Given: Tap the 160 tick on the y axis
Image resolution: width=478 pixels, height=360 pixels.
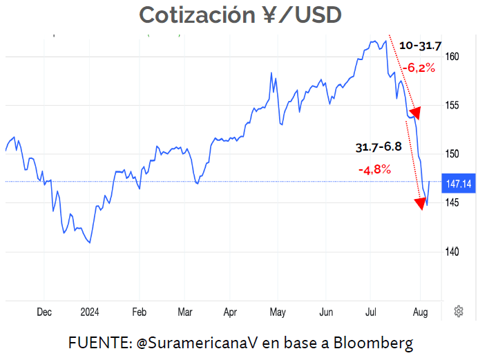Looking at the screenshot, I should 452,57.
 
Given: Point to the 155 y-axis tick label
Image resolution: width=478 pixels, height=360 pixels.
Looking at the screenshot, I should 452,106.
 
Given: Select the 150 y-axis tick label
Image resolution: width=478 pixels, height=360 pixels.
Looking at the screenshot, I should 452,153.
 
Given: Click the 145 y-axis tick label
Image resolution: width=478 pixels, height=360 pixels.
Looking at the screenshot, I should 452,202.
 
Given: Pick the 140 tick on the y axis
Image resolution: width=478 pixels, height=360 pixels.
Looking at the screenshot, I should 452,252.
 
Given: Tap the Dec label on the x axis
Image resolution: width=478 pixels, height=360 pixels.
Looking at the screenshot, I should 44,312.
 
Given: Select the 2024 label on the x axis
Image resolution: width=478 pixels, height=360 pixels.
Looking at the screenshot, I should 90,312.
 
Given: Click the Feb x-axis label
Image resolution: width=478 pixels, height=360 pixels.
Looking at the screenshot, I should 139,312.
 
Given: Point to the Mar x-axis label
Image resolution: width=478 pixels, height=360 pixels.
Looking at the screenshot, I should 184,312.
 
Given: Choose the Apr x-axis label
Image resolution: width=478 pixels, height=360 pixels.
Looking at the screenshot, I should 230,312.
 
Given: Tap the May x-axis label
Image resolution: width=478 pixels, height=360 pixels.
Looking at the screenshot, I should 277,312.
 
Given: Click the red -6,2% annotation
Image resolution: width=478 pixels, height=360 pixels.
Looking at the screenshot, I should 420,68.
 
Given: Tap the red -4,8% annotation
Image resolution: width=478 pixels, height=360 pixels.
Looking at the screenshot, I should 374,169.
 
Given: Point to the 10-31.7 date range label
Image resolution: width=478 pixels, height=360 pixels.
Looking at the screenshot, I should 420,46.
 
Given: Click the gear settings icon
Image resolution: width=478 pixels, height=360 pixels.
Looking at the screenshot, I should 458,312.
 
